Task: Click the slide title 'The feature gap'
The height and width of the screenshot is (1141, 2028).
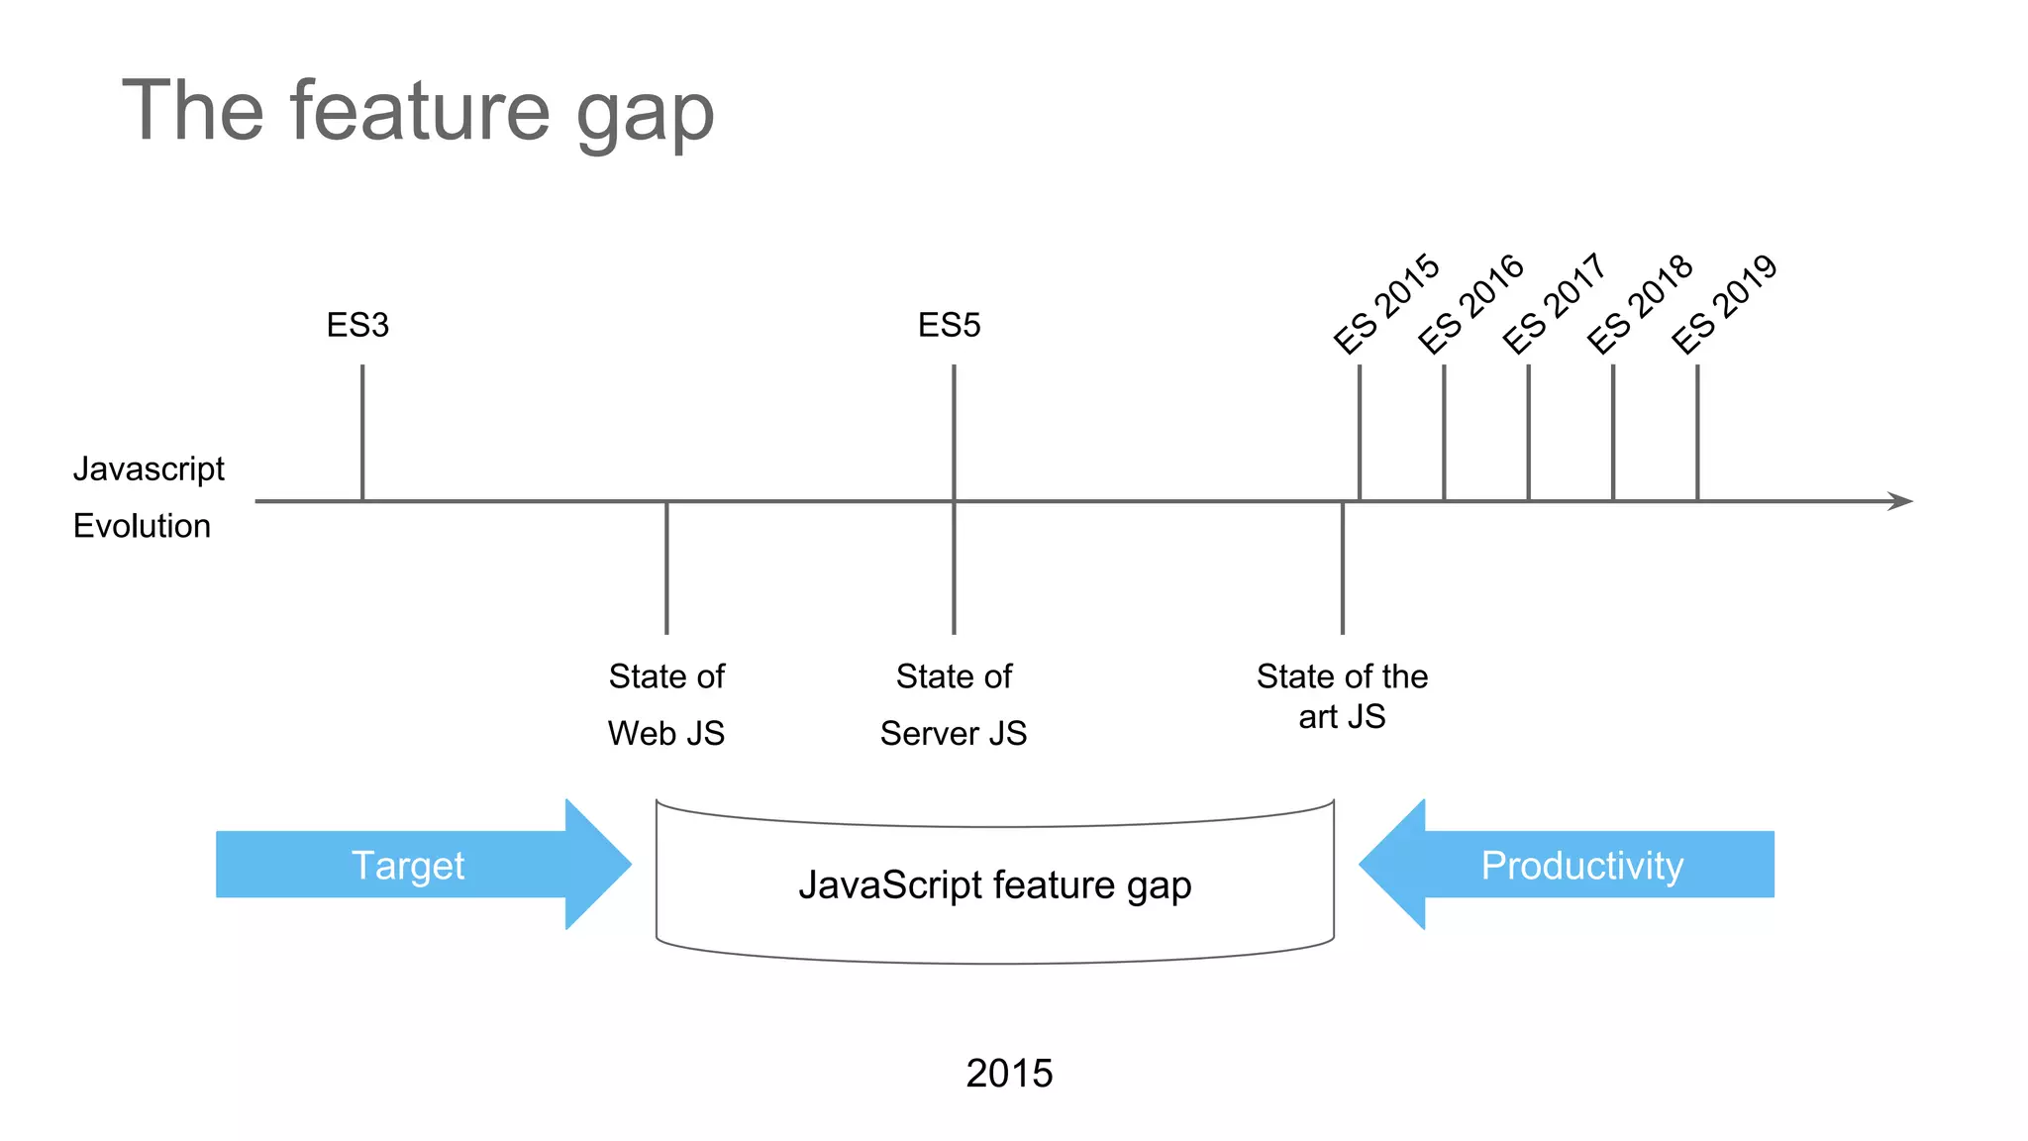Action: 417,112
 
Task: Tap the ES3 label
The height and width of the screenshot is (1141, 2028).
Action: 357,325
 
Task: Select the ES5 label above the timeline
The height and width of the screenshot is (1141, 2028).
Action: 949,325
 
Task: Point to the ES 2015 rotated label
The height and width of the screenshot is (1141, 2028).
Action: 1385,303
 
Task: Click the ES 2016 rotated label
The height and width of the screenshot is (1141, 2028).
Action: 1470,303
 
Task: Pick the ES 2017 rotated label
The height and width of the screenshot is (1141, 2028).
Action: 1554,303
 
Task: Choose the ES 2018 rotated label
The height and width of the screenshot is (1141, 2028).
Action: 1640,303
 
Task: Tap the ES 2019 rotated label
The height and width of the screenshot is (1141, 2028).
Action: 1724,303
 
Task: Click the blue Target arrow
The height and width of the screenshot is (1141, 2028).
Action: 416,865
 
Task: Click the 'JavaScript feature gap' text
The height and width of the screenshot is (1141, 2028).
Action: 994,884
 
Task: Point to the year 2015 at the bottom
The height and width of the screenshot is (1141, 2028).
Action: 1009,1073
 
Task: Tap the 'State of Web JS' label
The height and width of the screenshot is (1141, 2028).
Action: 666,704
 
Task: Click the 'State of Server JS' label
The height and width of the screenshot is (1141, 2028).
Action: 954,704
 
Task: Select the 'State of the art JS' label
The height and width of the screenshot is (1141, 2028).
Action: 1342,695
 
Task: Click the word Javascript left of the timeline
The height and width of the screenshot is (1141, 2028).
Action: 149,468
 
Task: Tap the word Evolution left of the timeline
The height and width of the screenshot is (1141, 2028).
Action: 142,526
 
